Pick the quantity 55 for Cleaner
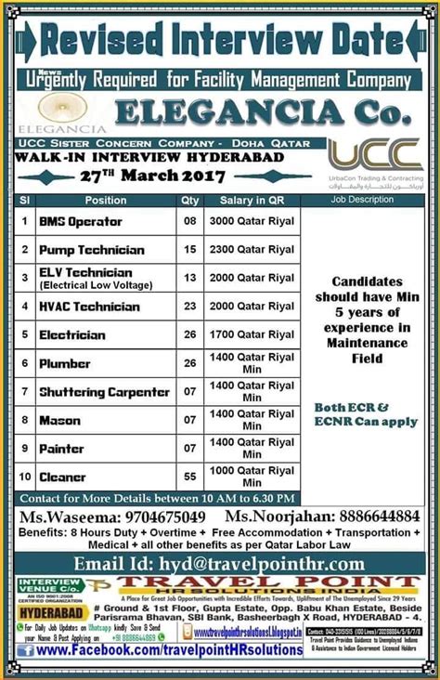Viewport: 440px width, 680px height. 190,476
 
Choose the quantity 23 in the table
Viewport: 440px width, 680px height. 190,307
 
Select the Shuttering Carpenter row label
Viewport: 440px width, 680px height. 104,392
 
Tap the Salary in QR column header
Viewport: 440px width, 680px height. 252,200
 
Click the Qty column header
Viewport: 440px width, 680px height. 190,200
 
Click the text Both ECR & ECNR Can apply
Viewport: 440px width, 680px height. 364,415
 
